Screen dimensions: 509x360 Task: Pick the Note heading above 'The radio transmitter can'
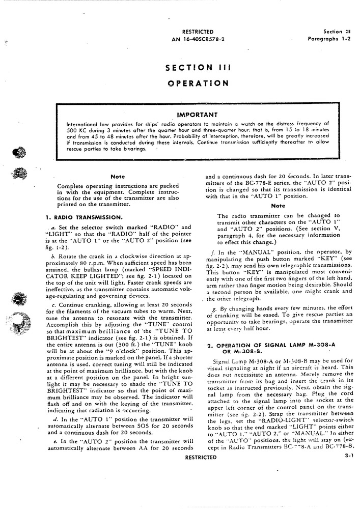point(278,206)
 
